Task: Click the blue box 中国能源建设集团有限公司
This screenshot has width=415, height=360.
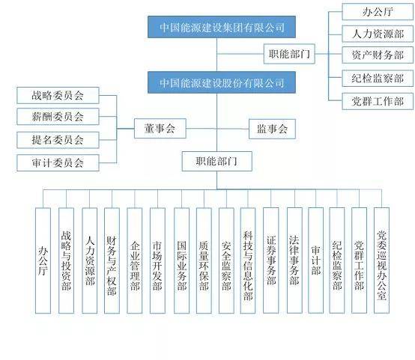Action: click(222, 27)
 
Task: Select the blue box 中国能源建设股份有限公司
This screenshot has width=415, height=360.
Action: click(222, 82)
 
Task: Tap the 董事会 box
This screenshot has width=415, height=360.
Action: click(160, 129)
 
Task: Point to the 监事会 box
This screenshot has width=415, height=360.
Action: click(272, 129)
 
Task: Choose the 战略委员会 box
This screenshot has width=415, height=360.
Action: click(58, 95)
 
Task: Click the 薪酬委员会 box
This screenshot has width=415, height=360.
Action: click(58, 117)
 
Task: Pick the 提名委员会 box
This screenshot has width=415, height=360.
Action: click(58, 140)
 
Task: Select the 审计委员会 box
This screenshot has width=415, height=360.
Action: click(58, 162)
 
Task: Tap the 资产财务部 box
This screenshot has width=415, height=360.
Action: click(378, 55)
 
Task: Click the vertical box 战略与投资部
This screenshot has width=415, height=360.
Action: click(66, 260)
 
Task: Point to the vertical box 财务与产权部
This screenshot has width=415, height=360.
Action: click(112, 260)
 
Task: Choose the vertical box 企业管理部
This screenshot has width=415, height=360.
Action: click(134, 260)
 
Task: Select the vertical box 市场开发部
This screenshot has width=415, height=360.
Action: click(157, 260)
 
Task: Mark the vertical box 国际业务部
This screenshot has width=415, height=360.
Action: click(181, 260)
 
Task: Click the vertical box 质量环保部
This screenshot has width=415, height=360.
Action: click(204, 260)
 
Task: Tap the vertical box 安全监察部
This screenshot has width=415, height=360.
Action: click(226, 260)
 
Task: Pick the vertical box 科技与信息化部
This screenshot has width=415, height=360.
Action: click(248, 260)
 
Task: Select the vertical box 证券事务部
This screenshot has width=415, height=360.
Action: click(270, 260)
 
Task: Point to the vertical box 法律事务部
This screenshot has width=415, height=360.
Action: click(294, 260)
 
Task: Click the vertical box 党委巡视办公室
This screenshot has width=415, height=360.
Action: click(381, 260)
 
